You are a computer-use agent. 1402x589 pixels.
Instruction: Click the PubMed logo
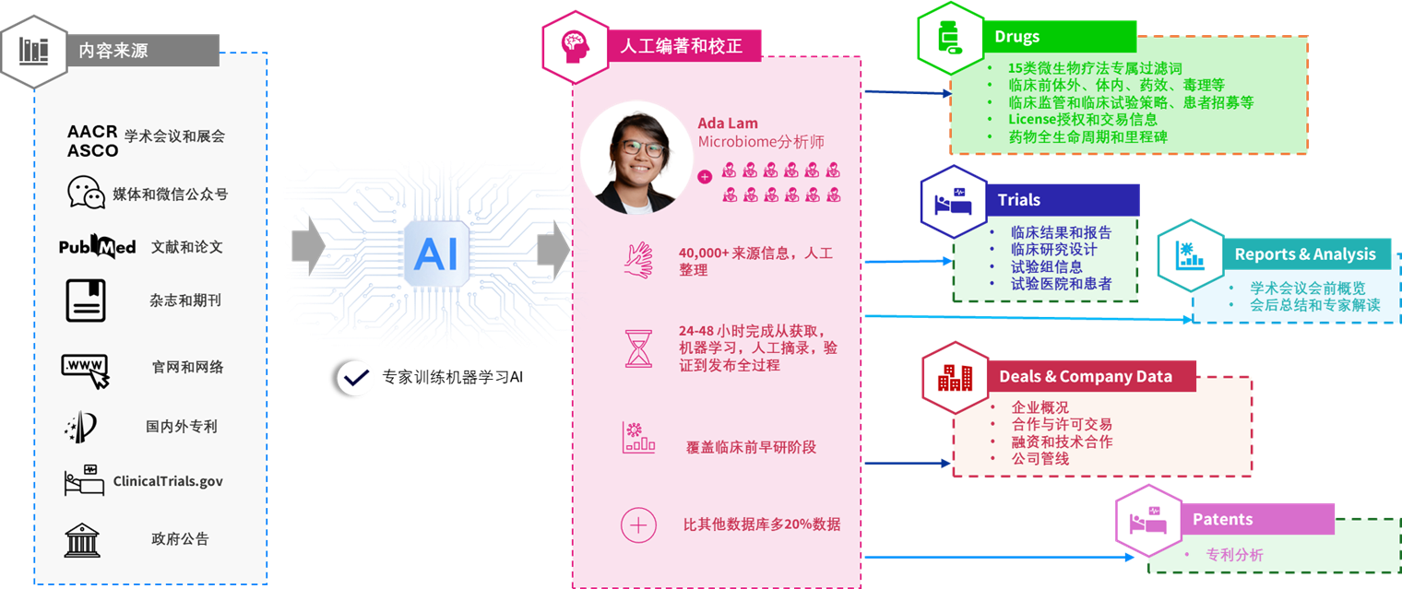pyautogui.click(x=97, y=247)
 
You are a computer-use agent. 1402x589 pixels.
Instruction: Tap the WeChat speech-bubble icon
pyautogui.click(x=86, y=193)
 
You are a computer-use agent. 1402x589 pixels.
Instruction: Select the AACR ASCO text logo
pyautogui.click(x=92, y=141)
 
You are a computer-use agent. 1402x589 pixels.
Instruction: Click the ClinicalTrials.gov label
pyautogui.click(x=168, y=481)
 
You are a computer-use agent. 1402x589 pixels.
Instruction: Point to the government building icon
pyautogui.click(x=83, y=539)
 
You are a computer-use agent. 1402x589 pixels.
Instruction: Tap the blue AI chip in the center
pyautogui.click(x=435, y=252)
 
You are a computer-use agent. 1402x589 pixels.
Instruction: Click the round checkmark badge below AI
pyautogui.click(x=356, y=378)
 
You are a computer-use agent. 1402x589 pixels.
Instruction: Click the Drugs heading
pyautogui.click(x=1016, y=37)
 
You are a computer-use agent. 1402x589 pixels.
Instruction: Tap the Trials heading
pyautogui.click(x=1018, y=200)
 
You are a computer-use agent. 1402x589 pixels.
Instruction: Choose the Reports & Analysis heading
pyautogui.click(x=1304, y=254)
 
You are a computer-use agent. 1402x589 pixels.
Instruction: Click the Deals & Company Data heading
pyautogui.click(x=1085, y=376)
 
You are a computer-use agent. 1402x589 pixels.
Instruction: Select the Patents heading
pyautogui.click(x=1222, y=519)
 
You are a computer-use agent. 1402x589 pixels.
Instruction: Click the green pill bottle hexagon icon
pyautogui.click(x=950, y=40)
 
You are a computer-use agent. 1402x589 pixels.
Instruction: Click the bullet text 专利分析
pyautogui.click(x=1234, y=555)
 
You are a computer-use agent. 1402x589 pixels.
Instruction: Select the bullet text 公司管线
pyautogui.click(x=1040, y=458)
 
